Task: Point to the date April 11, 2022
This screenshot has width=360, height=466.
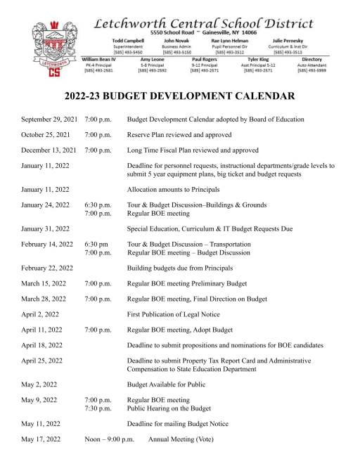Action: pyautogui.click(x=41, y=328)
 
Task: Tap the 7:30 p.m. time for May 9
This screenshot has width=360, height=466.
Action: pyautogui.click(x=98, y=408)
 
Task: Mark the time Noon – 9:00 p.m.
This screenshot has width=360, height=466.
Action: pyautogui.click(x=109, y=439)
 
